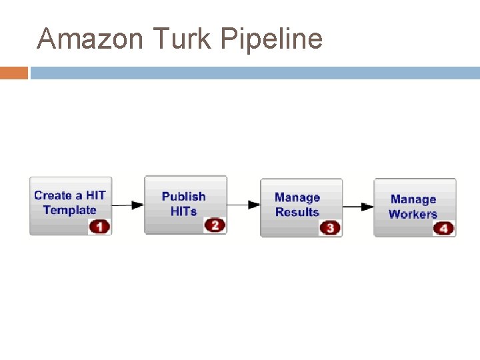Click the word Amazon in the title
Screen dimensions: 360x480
(x=90, y=39)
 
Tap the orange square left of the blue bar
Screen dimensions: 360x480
(x=14, y=73)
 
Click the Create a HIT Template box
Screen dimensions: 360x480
(x=70, y=205)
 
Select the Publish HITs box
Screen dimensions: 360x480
(x=185, y=204)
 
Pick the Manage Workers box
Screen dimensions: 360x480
(x=415, y=207)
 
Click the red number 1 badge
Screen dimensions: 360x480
(x=99, y=227)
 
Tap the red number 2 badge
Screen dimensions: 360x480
(x=215, y=225)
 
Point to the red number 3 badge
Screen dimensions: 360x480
(x=330, y=228)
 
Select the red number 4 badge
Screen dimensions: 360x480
(x=444, y=229)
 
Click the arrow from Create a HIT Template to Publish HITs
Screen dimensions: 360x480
(x=128, y=205)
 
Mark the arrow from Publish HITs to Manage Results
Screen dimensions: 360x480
(x=243, y=205)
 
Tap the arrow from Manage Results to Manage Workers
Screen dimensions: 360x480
(x=358, y=207)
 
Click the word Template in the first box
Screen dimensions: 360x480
(x=70, y=211)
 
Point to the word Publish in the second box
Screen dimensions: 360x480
(x=183, y=197)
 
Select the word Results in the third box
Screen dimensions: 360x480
(x=297, y=213)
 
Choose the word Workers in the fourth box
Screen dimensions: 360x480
(x=413, y=215)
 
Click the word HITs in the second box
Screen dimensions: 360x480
(x=183, y=211)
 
